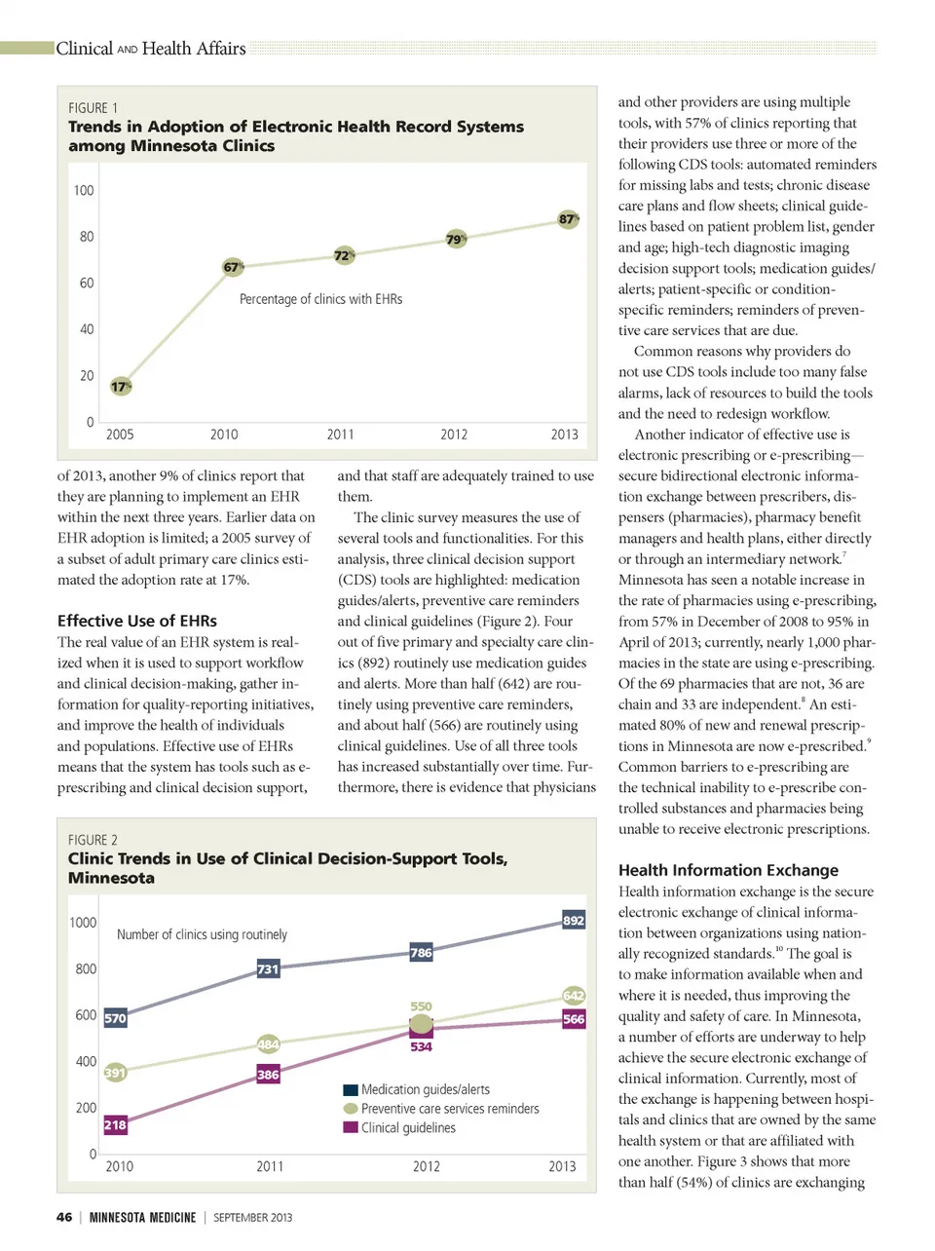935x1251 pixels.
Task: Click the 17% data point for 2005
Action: click(x=120, y=386)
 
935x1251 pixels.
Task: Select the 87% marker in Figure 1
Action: click(x=568, y=219)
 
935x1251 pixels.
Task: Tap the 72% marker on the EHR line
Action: click(x=344, y=255)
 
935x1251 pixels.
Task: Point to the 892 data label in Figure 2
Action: click(x=574, y=920)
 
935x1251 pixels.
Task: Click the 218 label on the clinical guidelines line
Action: click(x=115, y=1124)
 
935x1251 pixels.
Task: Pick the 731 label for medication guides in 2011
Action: click(x=268, y=968)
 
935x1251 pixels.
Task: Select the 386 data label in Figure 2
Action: click(x=268, y=1075)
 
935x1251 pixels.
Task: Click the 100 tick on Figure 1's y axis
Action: click(x=84, y=190)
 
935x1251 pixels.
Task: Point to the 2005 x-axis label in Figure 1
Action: click(x=120, y=435)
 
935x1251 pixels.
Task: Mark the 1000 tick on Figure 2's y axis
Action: click(x=83, y=922)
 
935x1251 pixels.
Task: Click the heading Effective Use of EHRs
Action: click(x=137, y=621)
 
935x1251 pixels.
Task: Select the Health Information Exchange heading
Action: click(x=729, y=870)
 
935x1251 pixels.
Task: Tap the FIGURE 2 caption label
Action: click(x=93, y=840)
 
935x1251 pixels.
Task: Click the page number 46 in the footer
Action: click(x=64, y=1217)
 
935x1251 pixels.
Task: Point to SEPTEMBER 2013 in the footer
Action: click(x=253, y=1217)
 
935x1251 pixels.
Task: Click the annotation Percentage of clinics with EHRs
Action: click(x=320, y=299)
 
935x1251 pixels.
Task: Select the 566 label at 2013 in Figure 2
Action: click(x=574, y=1019)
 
